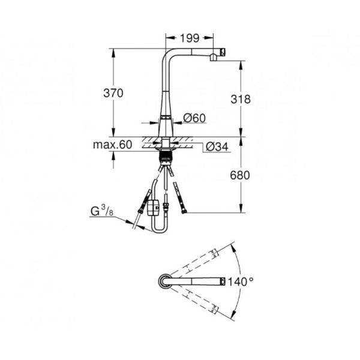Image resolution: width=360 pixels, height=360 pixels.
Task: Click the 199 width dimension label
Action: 190,38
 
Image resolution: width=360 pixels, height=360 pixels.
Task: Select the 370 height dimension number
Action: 113,93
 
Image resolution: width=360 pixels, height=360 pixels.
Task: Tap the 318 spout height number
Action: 241,99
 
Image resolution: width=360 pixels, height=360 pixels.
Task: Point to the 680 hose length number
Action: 240,175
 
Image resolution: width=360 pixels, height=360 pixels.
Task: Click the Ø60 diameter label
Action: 194,118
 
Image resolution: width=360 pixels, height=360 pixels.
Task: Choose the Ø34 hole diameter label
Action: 217,147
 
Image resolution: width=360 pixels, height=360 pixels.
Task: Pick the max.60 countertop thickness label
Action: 113,145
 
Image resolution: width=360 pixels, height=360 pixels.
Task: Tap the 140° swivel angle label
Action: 241,281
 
